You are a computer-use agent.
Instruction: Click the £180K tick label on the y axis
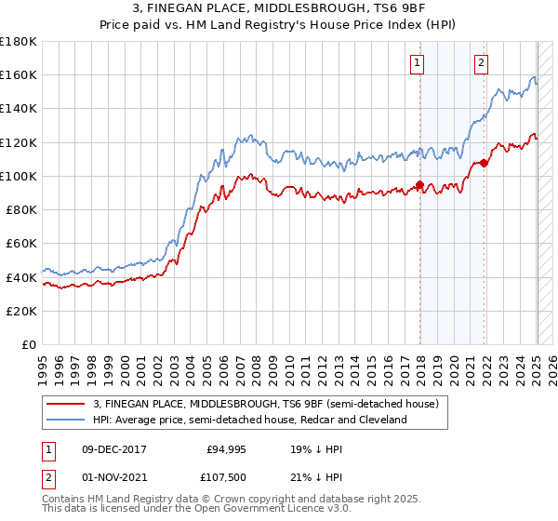[18, 42]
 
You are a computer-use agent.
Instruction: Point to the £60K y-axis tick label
[20, 244]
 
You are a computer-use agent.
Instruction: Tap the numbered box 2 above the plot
[481, 63]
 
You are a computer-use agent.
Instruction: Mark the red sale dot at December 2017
[420, 184]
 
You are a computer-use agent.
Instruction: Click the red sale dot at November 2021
[485, 163]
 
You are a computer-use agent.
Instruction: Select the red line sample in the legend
[65, 404]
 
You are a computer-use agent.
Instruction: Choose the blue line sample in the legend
[65, 420]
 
